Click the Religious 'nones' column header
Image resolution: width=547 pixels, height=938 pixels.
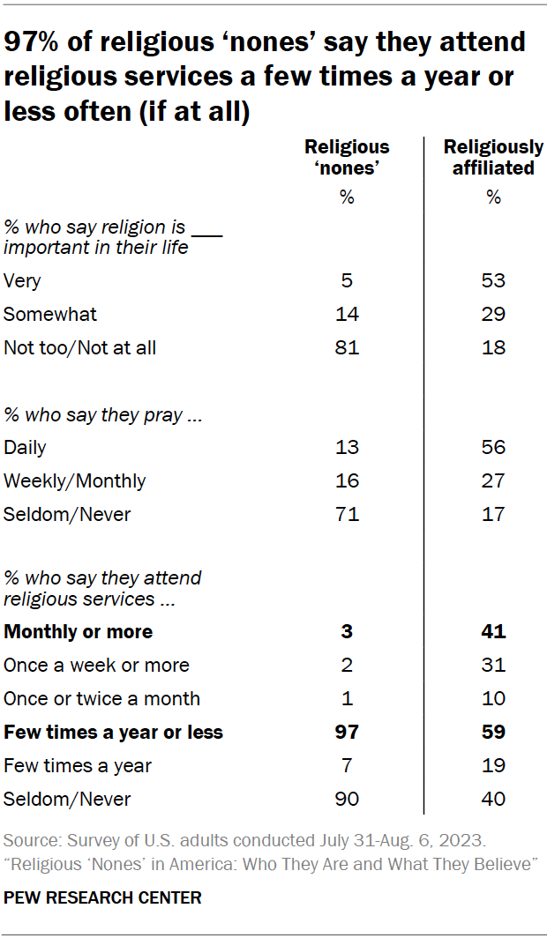pos(347,157)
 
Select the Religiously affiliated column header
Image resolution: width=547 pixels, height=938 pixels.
pos(493,157)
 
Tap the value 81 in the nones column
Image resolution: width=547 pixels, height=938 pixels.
pos(347,347)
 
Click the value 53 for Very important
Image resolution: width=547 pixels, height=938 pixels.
pos(493,280)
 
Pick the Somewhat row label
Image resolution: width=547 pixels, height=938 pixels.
pos(50,314)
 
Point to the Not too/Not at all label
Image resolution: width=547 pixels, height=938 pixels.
pos(79,347)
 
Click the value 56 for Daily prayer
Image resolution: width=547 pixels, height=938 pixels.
pos(493,447)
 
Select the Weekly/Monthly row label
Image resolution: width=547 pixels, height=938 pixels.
pos(75,480)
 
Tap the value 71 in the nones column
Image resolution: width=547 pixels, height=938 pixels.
pos(347,514)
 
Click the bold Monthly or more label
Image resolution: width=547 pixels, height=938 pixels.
pos(78,631)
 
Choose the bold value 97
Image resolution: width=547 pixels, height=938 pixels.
pos(347,732)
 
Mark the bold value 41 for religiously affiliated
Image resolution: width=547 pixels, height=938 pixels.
pos(493,631)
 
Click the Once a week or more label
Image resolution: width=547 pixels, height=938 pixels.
pos(96,665)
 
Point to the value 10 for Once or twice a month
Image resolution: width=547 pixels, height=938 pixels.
pos(493,698)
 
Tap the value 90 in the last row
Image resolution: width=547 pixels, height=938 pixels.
pos(347,799)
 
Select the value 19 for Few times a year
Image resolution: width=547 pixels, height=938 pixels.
pos(493,765)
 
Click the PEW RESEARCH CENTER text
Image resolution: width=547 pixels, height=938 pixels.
pos(102,898)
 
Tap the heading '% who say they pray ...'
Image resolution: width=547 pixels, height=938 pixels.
pos(103,414)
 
